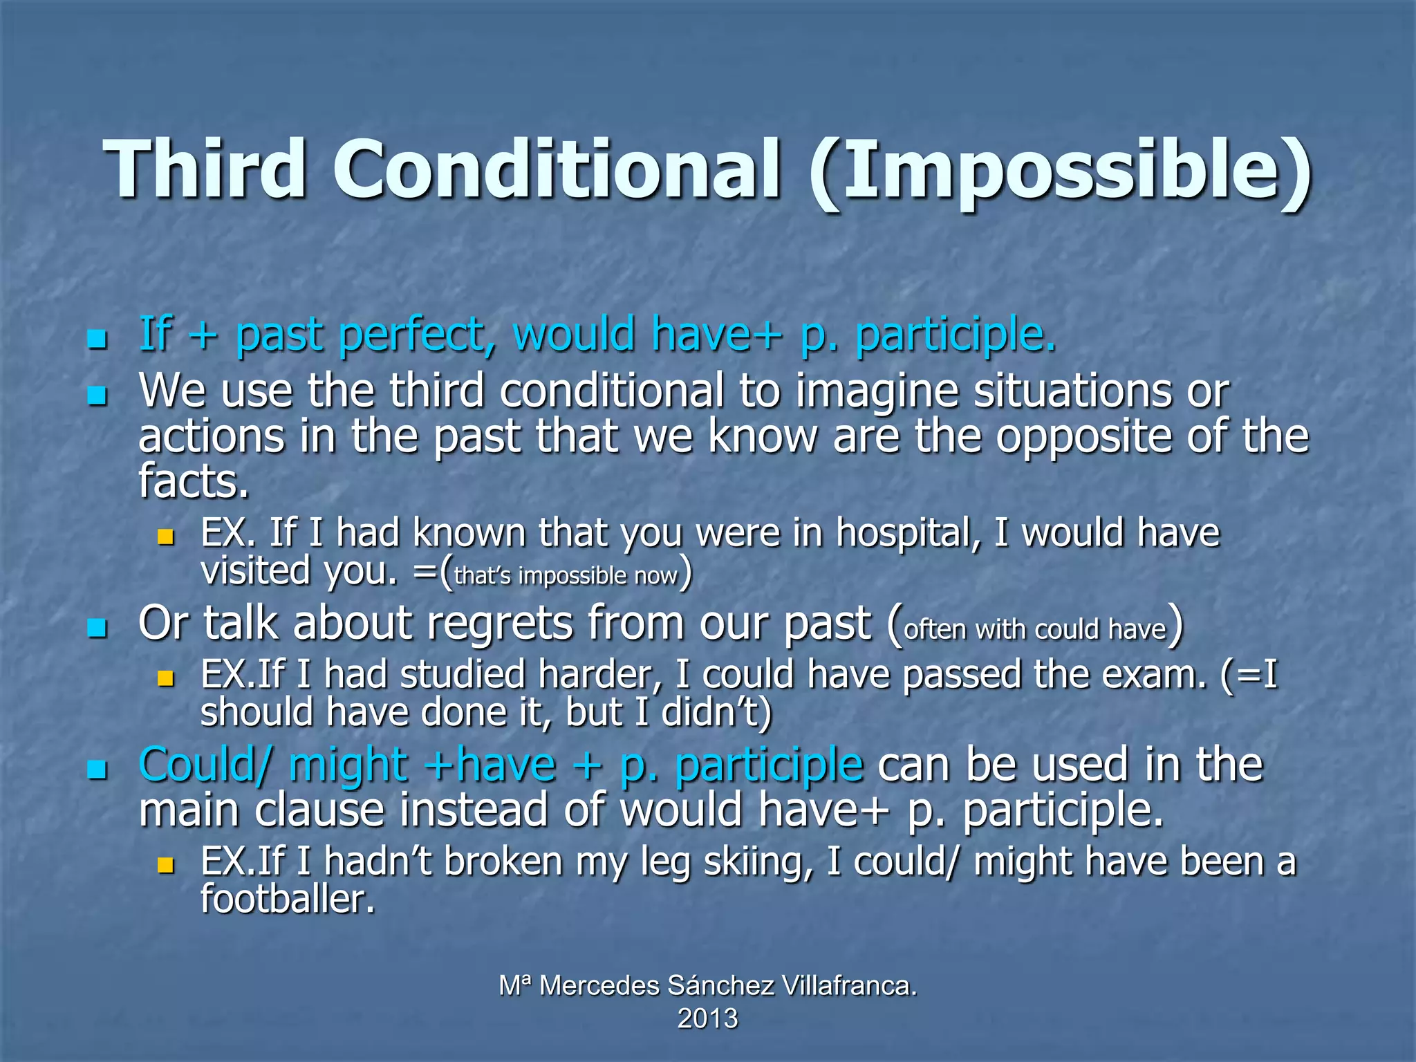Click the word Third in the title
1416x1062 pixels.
[205, 169]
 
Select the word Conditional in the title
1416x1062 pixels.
[556, 169]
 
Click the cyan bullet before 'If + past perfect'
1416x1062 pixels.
[97, 339]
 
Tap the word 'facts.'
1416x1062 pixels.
[193, 481]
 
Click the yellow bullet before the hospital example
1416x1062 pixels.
[165, 537]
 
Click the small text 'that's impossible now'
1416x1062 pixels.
[566, 576]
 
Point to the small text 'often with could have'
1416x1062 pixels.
[1035, 629]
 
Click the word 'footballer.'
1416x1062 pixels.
[288, 900]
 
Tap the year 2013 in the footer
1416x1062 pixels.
[707, 1019]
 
